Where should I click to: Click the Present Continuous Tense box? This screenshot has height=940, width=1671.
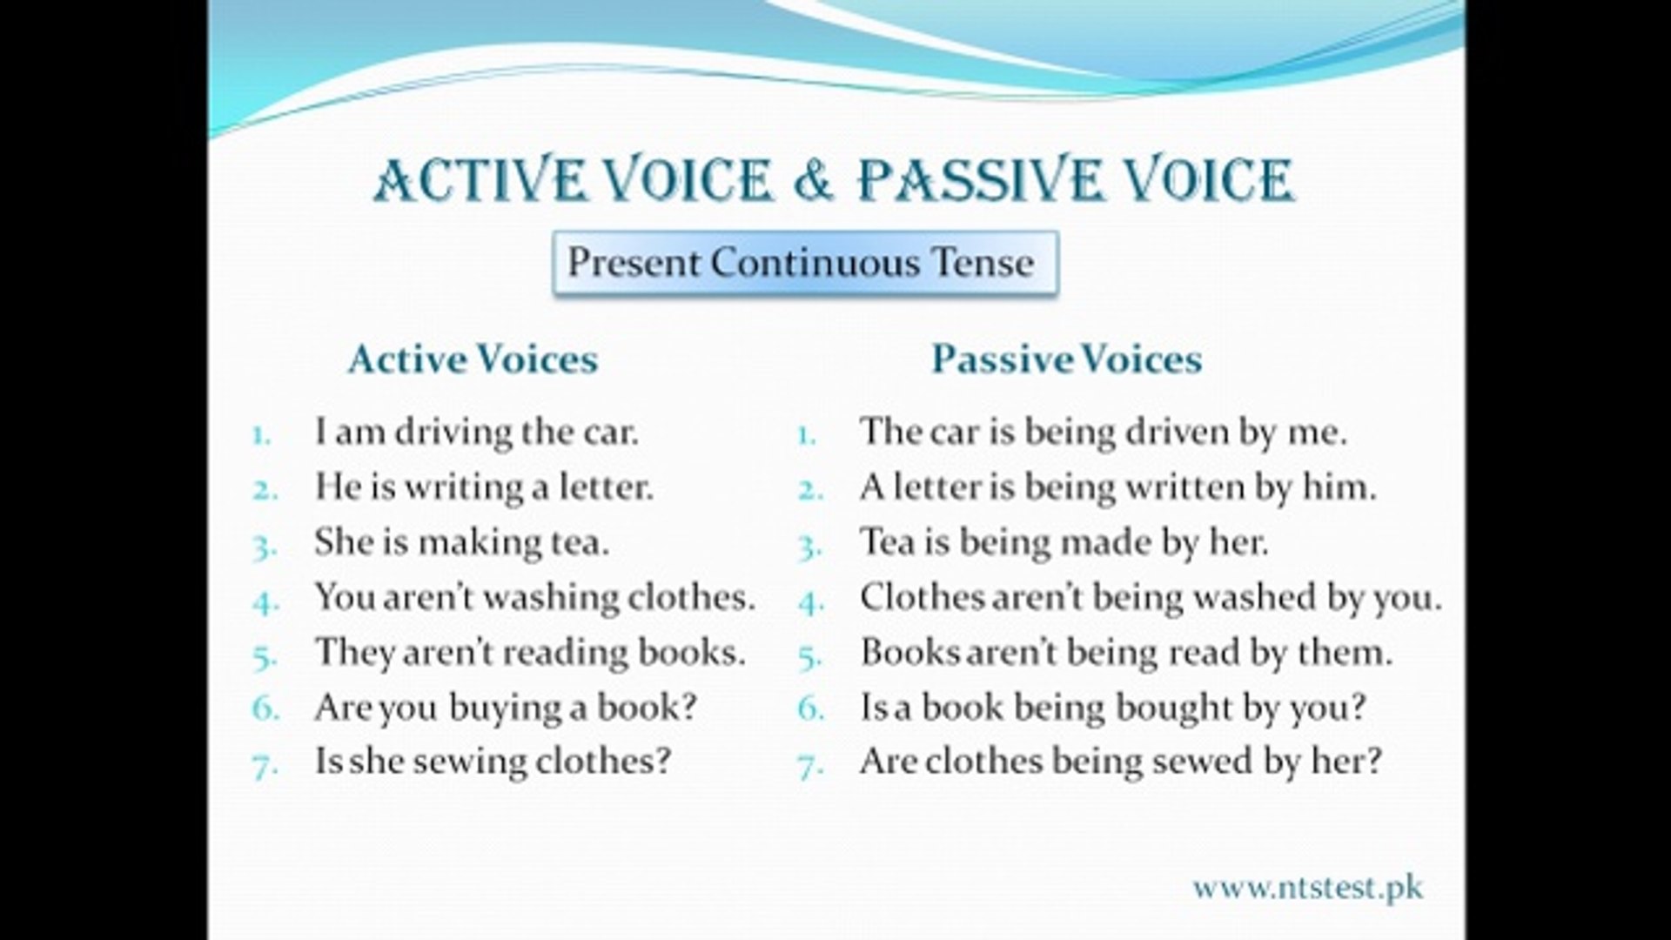(804, 262)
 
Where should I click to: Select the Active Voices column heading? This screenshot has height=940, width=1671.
(473, 359)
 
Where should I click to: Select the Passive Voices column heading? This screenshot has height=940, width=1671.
(1066, 359)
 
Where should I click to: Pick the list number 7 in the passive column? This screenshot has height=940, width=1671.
(810, 766)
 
